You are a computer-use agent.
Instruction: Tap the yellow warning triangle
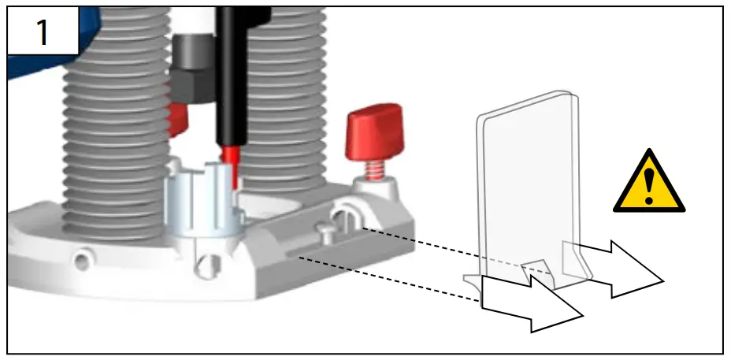(649, 184)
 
